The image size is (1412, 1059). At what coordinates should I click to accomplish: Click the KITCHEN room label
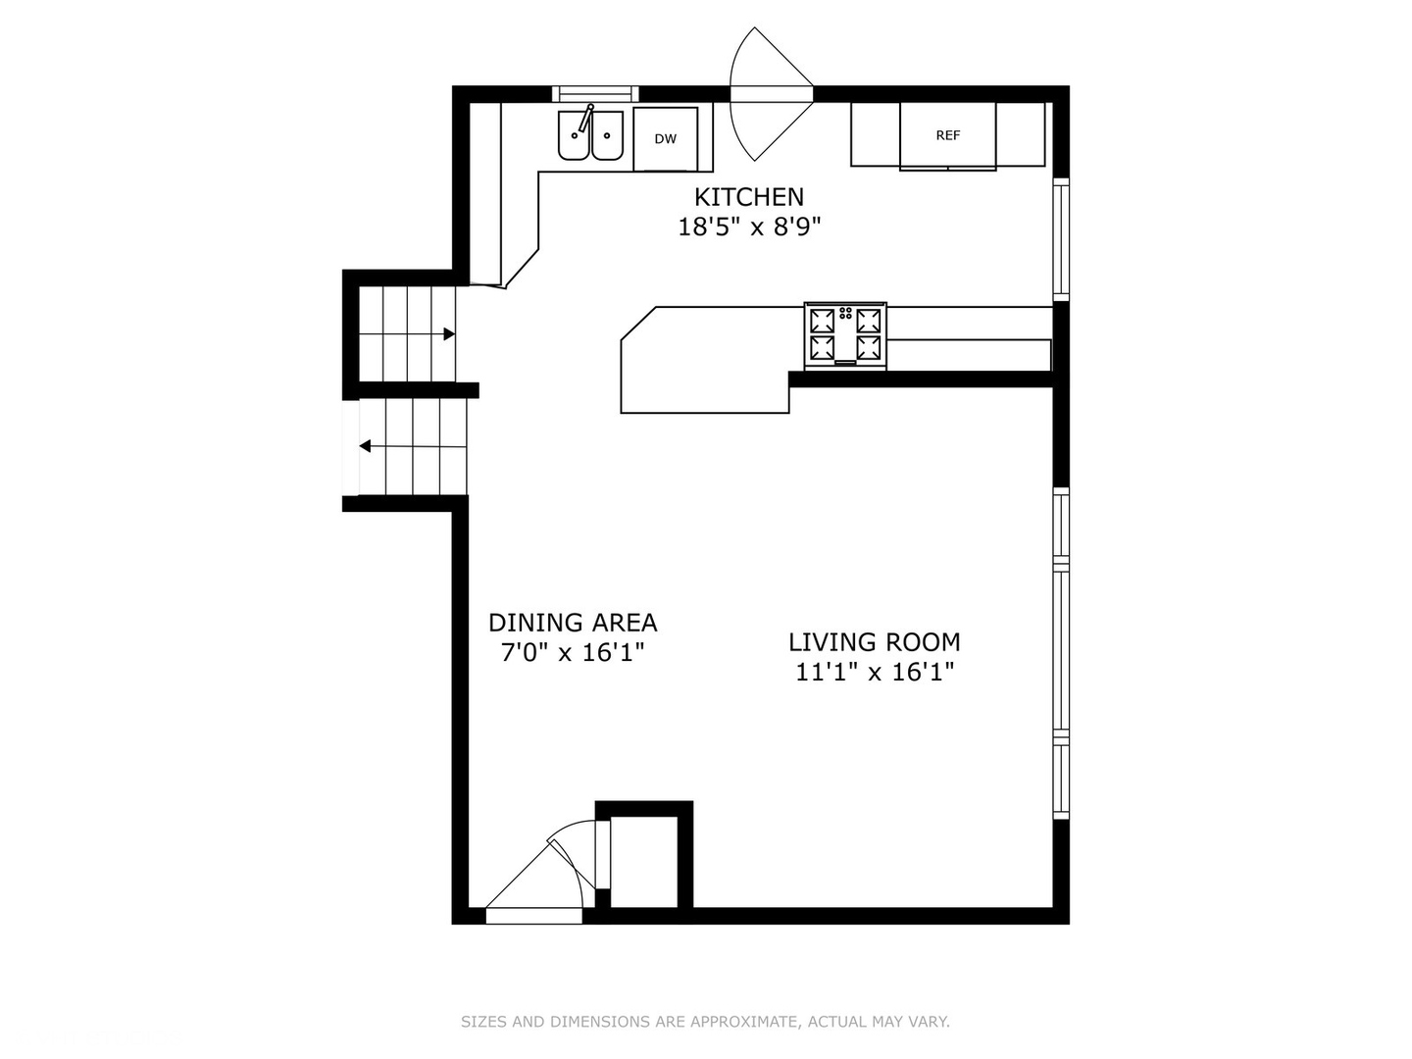click(749, 197)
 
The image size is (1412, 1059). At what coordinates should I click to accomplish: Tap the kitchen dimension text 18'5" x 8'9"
click(749, 227)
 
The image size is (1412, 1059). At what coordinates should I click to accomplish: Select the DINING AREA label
click(573, 623)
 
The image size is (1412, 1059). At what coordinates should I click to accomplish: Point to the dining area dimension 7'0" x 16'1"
click(573, 652)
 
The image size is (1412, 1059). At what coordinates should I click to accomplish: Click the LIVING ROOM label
click(875, 642)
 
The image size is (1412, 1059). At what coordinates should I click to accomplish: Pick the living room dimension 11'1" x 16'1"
click(875, 672)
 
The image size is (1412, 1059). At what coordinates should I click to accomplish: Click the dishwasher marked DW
click(666, 139)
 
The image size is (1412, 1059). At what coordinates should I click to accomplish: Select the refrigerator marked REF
click(947, 136)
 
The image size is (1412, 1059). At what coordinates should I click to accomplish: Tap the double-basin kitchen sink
click(590, 135)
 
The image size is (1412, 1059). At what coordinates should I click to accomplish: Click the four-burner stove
click(845, 335)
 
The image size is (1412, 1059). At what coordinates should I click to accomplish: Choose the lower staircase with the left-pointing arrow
click(412, 446)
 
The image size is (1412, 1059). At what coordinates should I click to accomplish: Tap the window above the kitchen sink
click(595, 94)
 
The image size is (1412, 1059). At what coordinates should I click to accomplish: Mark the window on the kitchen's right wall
click(1061, 239)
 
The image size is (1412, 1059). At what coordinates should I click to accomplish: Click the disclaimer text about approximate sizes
click(705, 1022)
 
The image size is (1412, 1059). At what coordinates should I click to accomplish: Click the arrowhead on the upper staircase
click(449, 334)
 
